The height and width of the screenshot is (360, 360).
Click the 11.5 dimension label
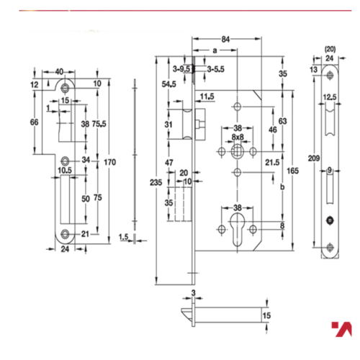pos(207,96)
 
